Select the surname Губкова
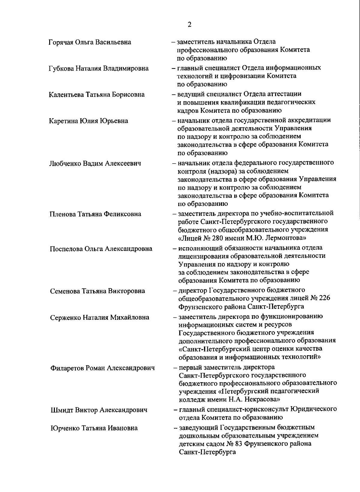point(61,68)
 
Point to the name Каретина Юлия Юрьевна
point(88,121)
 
